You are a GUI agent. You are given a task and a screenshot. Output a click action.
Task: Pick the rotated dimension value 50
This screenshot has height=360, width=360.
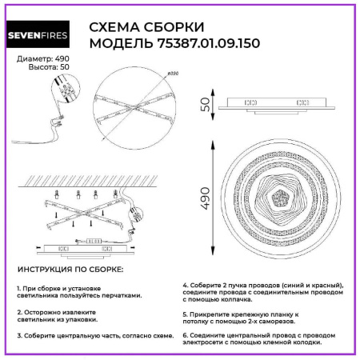(204, 104)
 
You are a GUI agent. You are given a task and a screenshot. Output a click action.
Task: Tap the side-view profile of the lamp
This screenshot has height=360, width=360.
(281, 105)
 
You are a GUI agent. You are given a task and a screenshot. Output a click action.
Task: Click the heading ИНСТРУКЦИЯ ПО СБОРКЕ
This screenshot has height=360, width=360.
(70, 270)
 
